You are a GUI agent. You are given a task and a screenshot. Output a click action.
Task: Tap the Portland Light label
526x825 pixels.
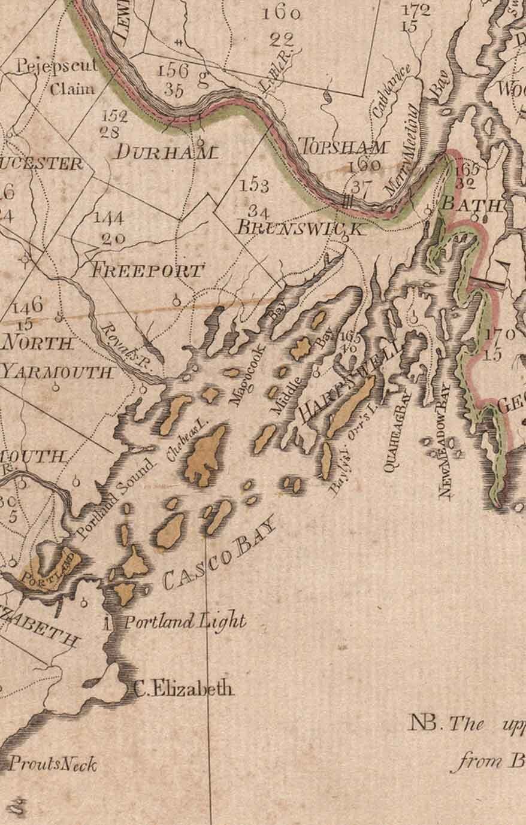point(185,622)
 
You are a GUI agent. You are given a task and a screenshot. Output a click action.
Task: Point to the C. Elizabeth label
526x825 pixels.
point(183,689)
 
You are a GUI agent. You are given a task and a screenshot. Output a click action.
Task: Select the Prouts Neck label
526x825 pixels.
point(52,764)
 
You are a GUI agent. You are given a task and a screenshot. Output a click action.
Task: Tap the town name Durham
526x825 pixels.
point(164,152)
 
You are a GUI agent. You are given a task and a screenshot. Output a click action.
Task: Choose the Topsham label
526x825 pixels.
point(343,147)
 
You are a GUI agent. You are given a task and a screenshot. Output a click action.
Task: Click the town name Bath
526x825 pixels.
point(471,204)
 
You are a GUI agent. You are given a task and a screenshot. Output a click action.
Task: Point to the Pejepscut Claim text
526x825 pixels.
point(58,76)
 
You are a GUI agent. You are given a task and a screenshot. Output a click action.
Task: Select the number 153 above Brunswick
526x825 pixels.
point(254,186)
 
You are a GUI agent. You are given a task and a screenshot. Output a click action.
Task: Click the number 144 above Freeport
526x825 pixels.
point(108,218)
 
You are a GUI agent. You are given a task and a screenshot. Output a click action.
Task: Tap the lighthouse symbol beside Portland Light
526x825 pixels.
point(107,623)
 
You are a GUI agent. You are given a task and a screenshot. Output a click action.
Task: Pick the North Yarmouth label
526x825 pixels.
point(57,357)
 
